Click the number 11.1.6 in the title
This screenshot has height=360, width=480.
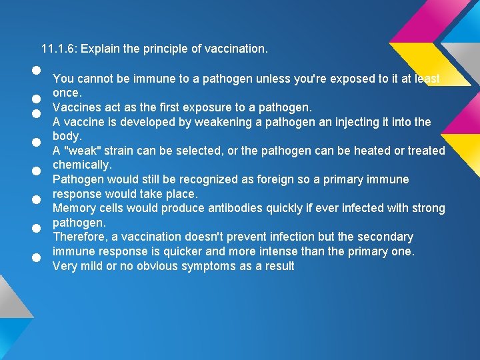(x=58, y=49)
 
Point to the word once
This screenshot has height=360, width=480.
(x=67, y=93)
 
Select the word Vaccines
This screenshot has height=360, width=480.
(x=75, y=107)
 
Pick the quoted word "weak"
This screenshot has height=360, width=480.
(x=81, y=151)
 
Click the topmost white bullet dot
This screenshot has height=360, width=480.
(x=37, y=70)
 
